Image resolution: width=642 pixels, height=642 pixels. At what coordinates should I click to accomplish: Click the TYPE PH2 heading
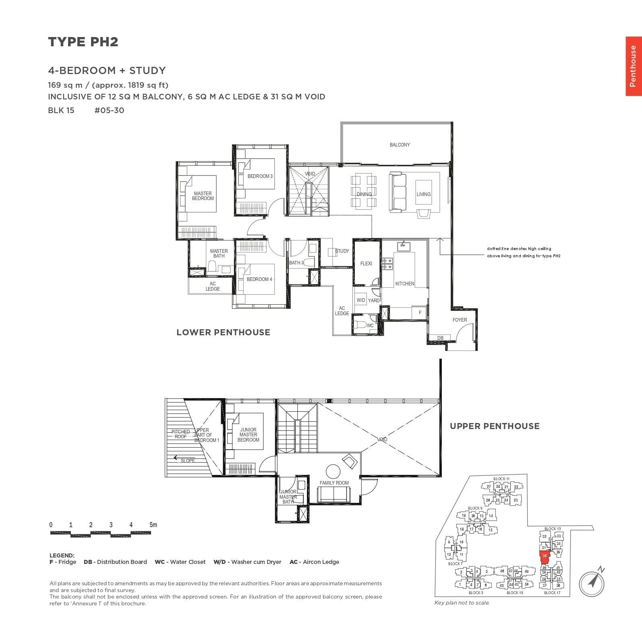(83, 42)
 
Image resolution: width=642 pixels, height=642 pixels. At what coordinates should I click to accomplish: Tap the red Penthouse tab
(633, 66)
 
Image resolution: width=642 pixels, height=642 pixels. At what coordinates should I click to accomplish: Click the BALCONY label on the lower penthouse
(400, 145)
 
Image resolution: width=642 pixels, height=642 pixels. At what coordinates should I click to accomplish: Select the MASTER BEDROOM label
(203, 196)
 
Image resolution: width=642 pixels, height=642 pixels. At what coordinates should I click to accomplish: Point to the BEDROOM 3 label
(260, 176)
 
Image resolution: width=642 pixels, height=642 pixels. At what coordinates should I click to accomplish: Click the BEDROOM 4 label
(259, 279)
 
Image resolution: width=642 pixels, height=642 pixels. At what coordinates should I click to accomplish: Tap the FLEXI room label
(366, 264)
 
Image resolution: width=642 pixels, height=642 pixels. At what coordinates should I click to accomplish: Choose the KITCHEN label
(404, 284)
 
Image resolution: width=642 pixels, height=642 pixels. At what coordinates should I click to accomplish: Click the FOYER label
(460, 320)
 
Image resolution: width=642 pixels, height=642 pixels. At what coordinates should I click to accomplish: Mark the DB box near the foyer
(440, 338)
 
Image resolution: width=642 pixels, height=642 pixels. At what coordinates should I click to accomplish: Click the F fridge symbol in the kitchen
(420, 312)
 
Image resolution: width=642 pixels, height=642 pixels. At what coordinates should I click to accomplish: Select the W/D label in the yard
(361, 300)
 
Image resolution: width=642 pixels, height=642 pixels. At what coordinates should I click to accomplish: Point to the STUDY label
(342, 251)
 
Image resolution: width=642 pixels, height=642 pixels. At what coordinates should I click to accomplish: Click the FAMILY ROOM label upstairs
(334, 483)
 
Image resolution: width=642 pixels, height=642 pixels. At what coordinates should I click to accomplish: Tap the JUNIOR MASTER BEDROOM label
(248, 435)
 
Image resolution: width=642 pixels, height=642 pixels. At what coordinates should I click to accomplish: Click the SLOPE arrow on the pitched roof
(176, 458)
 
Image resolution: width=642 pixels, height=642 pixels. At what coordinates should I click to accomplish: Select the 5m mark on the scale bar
(153, 525)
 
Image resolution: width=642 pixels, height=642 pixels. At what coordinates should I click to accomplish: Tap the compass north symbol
(592, 582)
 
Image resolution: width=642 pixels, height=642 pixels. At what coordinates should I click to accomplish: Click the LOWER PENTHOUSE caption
(223, 332)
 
